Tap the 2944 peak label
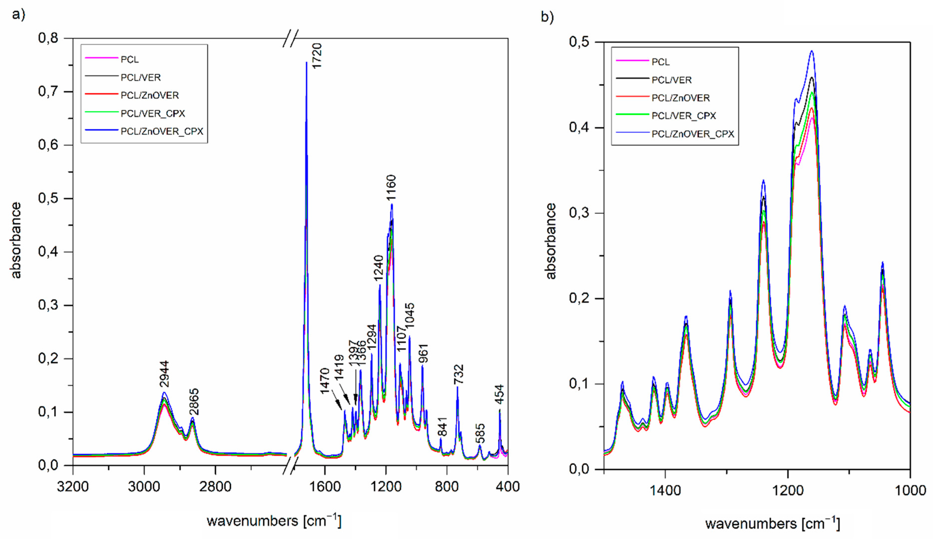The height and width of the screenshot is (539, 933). pos(164,374)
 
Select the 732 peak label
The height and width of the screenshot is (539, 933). pos(458,375)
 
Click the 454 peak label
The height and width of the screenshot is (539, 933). pos(499,395)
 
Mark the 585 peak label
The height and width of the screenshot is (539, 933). pos(480,433)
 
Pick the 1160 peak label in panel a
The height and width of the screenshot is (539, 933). pos(391,188)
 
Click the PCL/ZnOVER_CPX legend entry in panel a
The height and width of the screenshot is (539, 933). pos(162,131)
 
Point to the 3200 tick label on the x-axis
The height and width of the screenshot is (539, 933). pos(73,486)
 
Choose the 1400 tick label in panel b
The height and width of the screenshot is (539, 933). pos(665,491)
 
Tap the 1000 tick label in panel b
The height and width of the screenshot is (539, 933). pos(910,491)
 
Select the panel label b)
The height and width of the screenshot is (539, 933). pos(547,17)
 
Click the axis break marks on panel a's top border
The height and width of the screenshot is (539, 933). pos(290,38)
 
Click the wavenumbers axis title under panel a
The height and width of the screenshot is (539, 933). pos(274,521)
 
